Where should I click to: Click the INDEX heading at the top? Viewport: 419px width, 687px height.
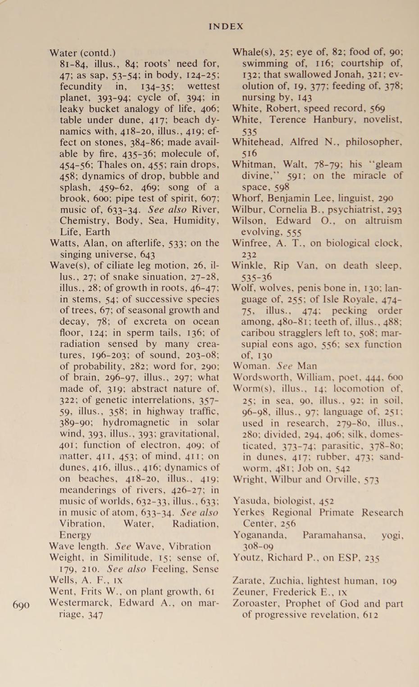point(226,27)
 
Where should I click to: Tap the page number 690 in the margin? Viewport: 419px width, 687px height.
point(21,605)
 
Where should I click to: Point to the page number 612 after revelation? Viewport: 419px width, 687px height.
point(370,615)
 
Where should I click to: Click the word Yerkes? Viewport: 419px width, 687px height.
point(249,513)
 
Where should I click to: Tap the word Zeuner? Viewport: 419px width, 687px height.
point(248,592)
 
